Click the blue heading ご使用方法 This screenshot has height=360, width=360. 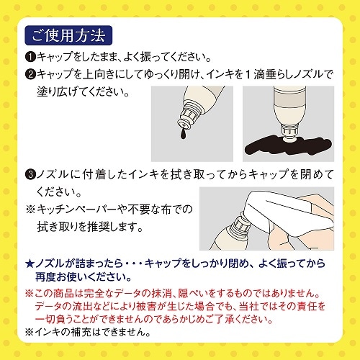pyautogui.click(x=68, y=35)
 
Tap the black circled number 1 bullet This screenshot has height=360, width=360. pyautogui.click(x=30, y=57)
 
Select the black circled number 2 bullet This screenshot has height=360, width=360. pyautogui.click(x=30, y=74)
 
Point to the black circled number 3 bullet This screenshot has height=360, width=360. pyautogui.click(x=30, y=174)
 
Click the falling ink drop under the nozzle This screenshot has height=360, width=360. pyautogui.click(x=183, y=135)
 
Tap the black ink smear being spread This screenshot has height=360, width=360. pyautogui.click(x=288, y=145)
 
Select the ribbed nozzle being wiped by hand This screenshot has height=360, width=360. pyautogui.click(x=238, y=225)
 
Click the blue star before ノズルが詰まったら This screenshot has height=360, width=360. pyautogui.click(x=30, y=264)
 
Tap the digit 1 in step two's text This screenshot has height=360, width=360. pyautogui.click(x=248, y=75)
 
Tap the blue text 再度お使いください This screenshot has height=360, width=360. pyautogui.click(x=84, y=277)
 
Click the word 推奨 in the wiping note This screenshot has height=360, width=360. pyautogui.click(x=99, y=227)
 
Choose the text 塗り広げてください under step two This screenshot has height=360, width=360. pyautogui.click(x=83, y=92)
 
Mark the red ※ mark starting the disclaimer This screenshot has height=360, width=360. pyautogui.click(x=30, y=293)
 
